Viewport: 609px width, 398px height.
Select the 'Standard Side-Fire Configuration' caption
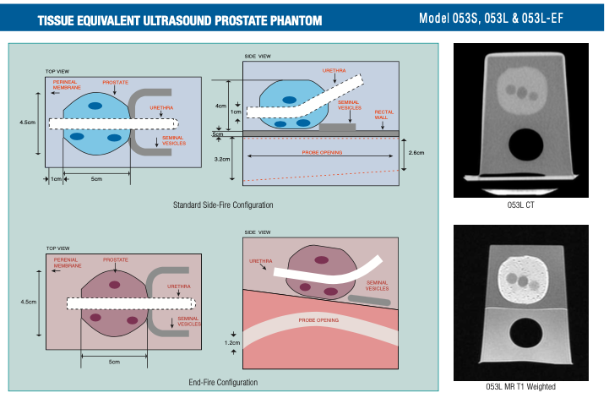[223, 204]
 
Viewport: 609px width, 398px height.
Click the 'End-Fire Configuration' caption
[223, 382]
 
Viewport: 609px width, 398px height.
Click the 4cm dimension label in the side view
[220, 106]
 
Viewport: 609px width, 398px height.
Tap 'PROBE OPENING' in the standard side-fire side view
[324, 153]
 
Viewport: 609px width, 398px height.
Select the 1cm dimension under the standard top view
[56, 178]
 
